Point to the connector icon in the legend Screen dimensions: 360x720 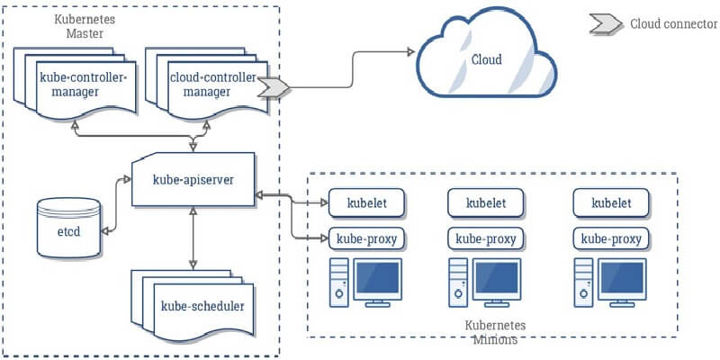tap(605, 23)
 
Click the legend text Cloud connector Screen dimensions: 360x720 tap(673, 23)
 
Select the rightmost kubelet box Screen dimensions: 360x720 tap(611, 202)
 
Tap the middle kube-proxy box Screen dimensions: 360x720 tap(486, 238)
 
